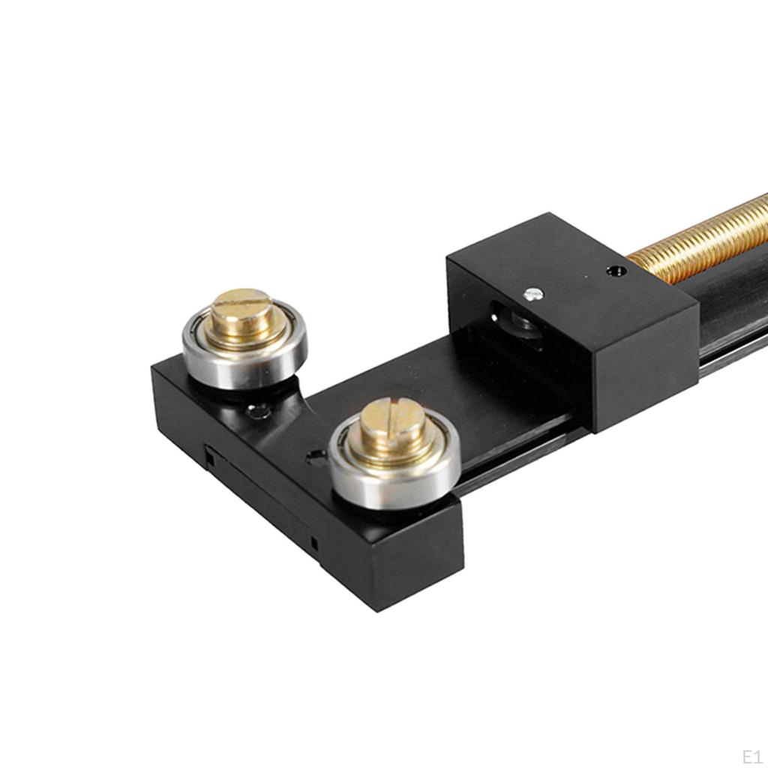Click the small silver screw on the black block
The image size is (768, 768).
coord(533,294)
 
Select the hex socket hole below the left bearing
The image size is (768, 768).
coord(259,412)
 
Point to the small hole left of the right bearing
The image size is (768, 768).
coord(316,455)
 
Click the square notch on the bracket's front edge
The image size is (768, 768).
coord(210,459)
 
